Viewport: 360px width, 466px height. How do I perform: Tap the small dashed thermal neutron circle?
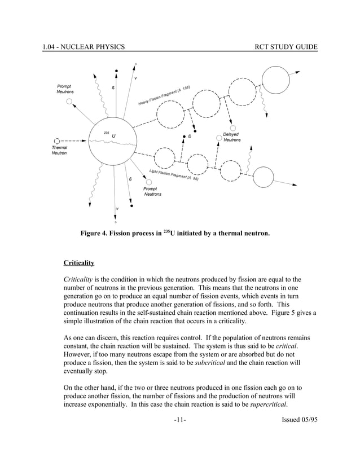(56, 140)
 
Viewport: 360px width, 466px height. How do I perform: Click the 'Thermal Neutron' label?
(59, 150)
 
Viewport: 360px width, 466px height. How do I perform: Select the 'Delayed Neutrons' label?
(231, 137)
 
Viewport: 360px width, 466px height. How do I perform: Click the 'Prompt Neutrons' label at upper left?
(64, 89)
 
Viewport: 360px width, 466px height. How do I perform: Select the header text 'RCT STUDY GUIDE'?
(287, 46)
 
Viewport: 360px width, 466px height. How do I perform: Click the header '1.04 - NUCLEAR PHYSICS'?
(84, 46)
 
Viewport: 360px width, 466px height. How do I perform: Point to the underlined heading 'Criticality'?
(78, 263)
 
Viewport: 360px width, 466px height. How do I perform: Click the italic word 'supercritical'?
(268, 404)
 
